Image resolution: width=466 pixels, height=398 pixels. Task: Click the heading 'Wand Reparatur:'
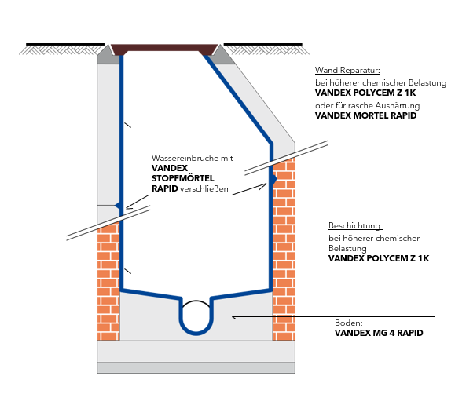tap(347, 71)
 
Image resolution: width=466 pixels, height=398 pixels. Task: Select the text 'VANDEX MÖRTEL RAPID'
tap(366, 115)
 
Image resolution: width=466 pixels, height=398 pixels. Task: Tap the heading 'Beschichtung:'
tap(355, 226)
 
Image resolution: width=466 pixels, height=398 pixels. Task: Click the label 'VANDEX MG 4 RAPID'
tap(379, 333)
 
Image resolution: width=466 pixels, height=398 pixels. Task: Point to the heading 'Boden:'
tap(349, 323)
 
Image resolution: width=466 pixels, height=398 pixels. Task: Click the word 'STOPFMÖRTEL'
tap(183, 178)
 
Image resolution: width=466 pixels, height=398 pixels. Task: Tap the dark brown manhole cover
tap(164, 49)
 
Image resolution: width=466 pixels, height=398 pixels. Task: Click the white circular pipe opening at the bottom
tap(196, 316)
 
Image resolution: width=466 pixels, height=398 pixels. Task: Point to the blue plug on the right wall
tap(273, 179)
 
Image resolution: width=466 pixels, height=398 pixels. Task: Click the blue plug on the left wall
tap(118, 205)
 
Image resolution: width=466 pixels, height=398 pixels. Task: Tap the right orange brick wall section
tap(284, 250)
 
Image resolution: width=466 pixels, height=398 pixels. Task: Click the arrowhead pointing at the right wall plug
tap(264, 185)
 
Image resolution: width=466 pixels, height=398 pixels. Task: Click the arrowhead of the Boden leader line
tap(234, 318)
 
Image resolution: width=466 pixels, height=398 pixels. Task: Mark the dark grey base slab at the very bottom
tap(196, 367)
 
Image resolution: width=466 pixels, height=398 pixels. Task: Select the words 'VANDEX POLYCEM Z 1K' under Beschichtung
tap(379, 258)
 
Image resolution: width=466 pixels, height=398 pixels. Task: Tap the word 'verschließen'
tap(204, 188)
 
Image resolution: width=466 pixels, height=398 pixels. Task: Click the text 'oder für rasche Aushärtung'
tap(368, 106)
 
